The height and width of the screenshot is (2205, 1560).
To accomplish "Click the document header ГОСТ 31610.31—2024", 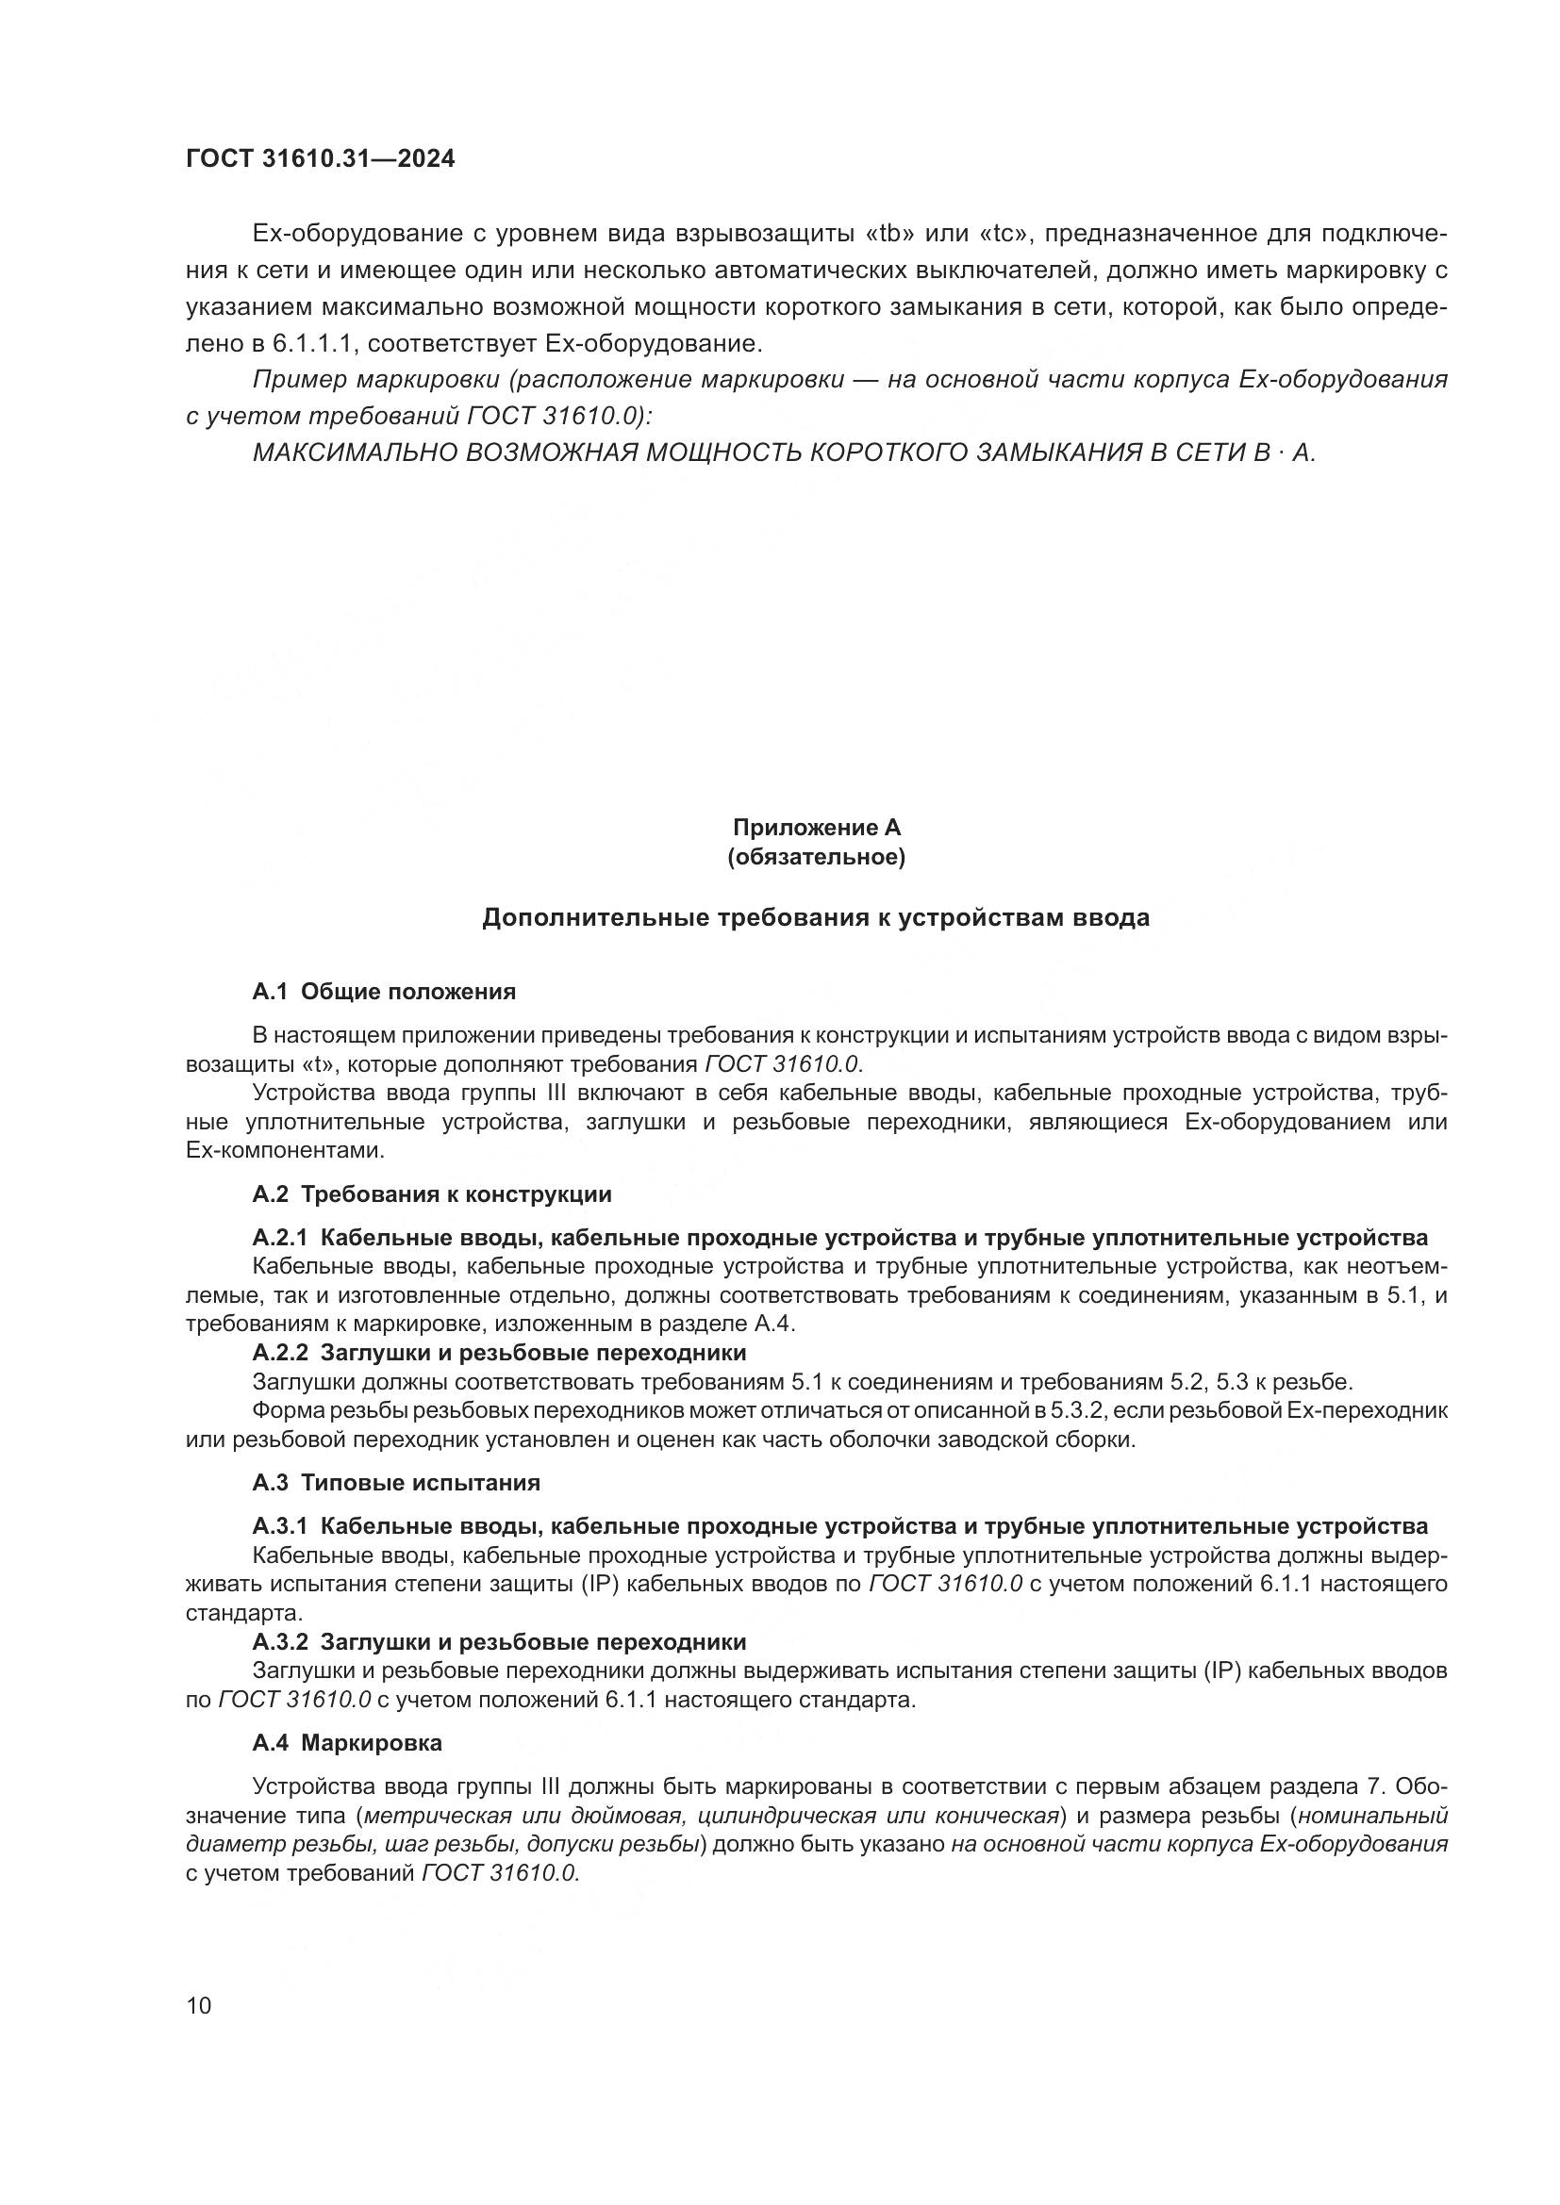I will [x=320, y=159].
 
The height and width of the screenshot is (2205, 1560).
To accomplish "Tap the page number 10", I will [x=198, y=2006].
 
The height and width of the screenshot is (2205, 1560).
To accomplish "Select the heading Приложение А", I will [x=817, y=827].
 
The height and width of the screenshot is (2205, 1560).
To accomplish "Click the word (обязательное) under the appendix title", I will [x=817, y=857].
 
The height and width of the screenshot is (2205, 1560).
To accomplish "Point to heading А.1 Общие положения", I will [x=384, y=992].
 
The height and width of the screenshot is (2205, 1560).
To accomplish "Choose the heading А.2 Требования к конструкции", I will [x=432, y=1194].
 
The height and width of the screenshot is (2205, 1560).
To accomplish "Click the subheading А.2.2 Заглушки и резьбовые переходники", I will [x=500, y=1353].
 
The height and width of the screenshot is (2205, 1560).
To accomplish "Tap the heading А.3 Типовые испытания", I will [x=396, y=1483].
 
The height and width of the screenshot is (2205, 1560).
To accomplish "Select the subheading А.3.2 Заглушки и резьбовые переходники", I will [x=500, y=1641].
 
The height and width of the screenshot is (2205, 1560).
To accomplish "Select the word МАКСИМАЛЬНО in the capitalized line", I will [x=355, y=453].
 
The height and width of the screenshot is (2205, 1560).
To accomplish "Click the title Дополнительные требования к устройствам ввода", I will [x=816, y=918].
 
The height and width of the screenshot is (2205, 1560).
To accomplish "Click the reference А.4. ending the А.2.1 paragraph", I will [x=775, y=1325].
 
